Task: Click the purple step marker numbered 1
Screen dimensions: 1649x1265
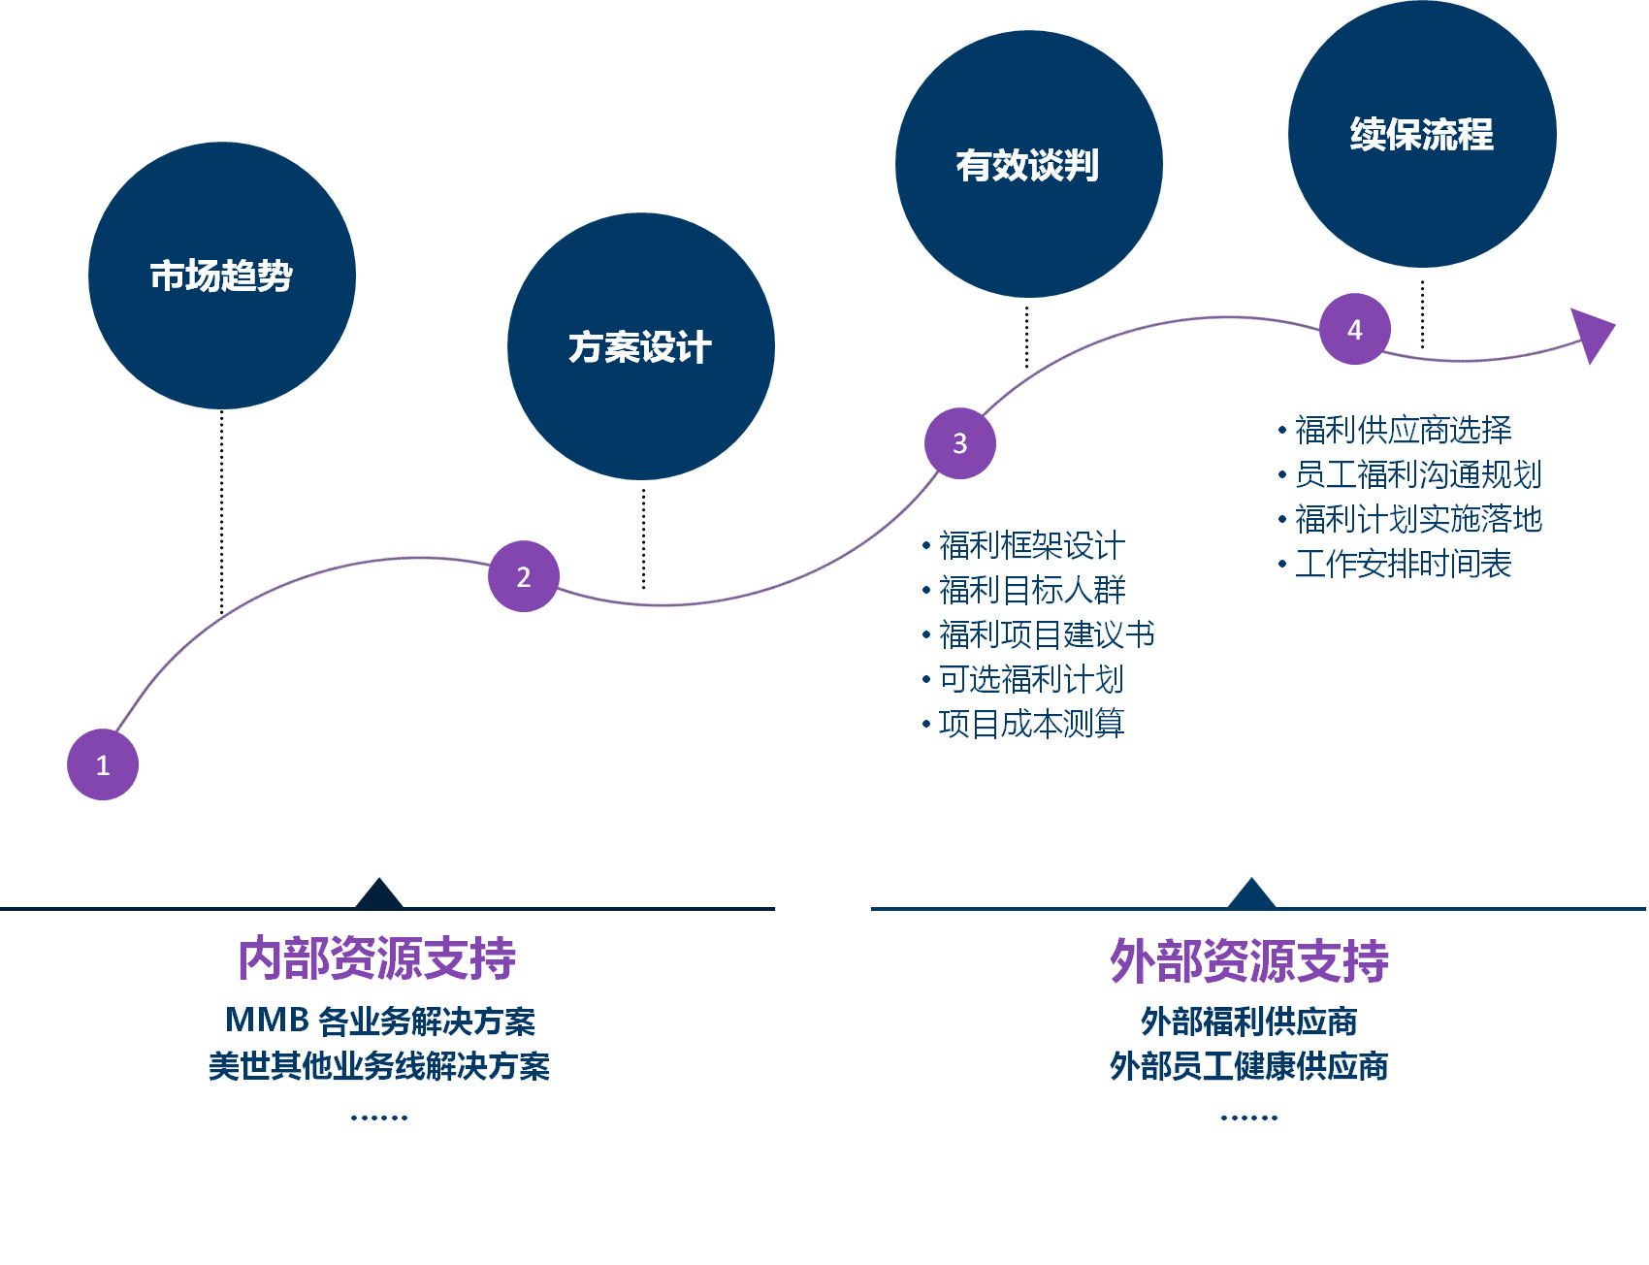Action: (x=103, y=764)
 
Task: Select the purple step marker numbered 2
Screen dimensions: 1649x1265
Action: (x=524, y=576)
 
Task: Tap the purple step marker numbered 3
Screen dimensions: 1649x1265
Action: (x=960, y=443)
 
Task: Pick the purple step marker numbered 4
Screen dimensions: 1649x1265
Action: (x=1355, y=329)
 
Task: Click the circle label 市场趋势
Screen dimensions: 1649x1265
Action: (x=221, y=276)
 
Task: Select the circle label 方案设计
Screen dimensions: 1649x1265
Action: (x=640, y=346)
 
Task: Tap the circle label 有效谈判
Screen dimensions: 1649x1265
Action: (x=1028, y=165)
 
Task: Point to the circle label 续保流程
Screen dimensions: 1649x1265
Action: (x=1422, y=134)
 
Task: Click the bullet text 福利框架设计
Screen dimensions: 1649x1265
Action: (x=1032, y=545)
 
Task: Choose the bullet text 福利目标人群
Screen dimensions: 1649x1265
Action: (x=1032, y=590)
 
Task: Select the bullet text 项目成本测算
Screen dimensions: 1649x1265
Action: (x=1032, y=724)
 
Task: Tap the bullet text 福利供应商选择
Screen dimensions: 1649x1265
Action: (x=1404, y=429)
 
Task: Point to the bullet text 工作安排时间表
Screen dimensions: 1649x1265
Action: (x=1404, y=563)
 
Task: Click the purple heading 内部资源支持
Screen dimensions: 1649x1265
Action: (x=377, y=958)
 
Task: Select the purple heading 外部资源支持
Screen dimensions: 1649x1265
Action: (x=1249, y=960)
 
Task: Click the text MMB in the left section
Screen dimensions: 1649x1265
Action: (x=267, y=1020)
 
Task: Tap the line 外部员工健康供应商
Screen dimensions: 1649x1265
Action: (x=1249, y=1066)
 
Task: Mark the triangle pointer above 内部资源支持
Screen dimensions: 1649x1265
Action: (x=379, y=893)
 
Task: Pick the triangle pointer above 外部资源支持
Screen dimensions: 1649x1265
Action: (x=1251, y=893)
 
